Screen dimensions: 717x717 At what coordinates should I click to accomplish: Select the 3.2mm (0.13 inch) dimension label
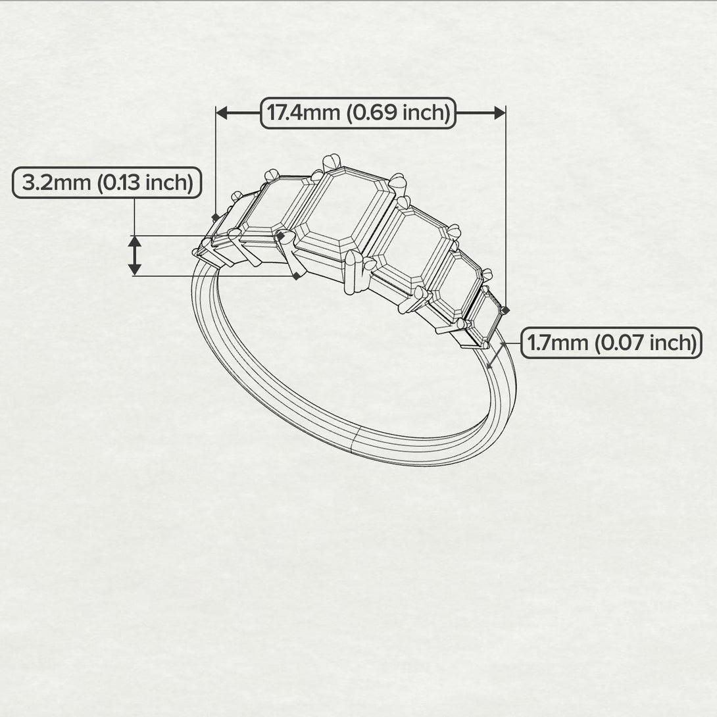click(107, 183)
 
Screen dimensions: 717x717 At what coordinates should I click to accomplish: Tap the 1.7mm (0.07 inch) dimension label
click(611, 343)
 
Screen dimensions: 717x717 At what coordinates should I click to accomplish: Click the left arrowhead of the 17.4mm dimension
click(222, 113)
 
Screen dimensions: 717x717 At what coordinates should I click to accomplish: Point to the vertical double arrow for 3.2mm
click(134, 255)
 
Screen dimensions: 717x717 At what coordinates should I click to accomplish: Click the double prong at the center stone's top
click(333, 161)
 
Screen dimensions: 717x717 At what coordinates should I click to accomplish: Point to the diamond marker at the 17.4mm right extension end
click(505, 309)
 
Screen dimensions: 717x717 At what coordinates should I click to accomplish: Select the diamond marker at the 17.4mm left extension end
click(216, 217)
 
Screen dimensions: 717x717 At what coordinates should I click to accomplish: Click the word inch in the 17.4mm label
click(425, 113)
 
